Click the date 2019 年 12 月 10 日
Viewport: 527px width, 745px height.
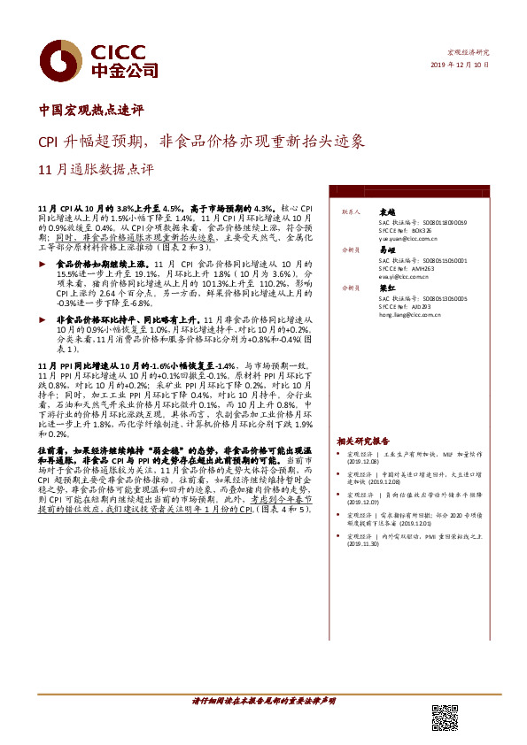pos(460,65)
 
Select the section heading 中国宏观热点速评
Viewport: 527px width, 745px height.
pos(91,111)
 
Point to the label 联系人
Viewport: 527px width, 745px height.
pos(349,213)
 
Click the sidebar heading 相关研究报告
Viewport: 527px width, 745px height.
pos(362,440)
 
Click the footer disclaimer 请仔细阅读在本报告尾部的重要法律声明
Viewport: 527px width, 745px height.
pos(264,701)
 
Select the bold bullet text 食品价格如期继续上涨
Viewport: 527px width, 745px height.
pos(100,264)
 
